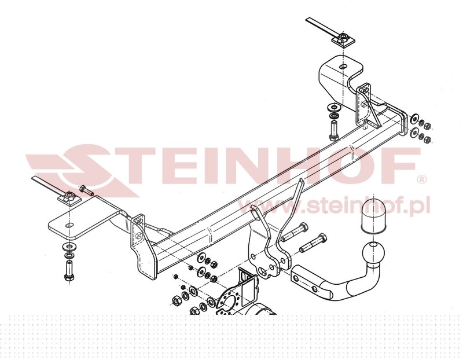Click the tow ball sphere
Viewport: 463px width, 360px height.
click(373, 253)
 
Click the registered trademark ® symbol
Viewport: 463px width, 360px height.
click(422, 179)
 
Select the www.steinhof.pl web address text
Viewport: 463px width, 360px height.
click(334, 205)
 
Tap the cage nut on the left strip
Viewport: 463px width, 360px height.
click(69, 196)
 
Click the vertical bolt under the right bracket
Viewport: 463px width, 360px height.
click(334, 130)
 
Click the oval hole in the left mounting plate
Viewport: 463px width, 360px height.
click(69, 225)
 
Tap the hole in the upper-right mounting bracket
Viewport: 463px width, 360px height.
click(343, 67)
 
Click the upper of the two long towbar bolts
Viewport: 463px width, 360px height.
click(294, 233)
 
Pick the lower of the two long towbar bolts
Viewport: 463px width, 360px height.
click(314, 243)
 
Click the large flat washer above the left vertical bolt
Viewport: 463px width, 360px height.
click(69, 246)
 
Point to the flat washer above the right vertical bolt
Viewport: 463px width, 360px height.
click(334, 107)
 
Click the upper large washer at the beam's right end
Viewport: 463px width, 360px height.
click(414, 119)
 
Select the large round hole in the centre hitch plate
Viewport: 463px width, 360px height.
click(262, 271)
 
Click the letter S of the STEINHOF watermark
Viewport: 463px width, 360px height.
click(84, 170)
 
